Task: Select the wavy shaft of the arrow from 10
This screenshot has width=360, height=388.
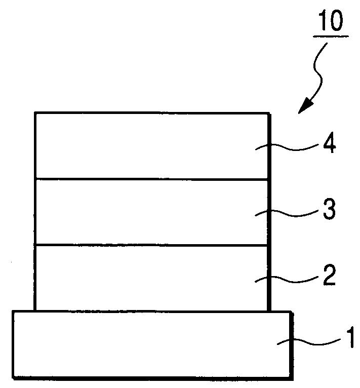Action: [x=319, y=71]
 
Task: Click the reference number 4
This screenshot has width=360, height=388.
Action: [x=329, y=145]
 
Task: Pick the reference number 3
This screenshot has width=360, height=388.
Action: [x=329, y=210]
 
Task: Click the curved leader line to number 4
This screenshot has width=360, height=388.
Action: [x=286, y=147]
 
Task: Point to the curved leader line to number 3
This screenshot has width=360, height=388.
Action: [x=286, y=213]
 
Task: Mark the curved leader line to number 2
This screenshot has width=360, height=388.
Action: [x=286, y=279]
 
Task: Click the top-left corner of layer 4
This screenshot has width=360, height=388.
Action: [x=35, y=112]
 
